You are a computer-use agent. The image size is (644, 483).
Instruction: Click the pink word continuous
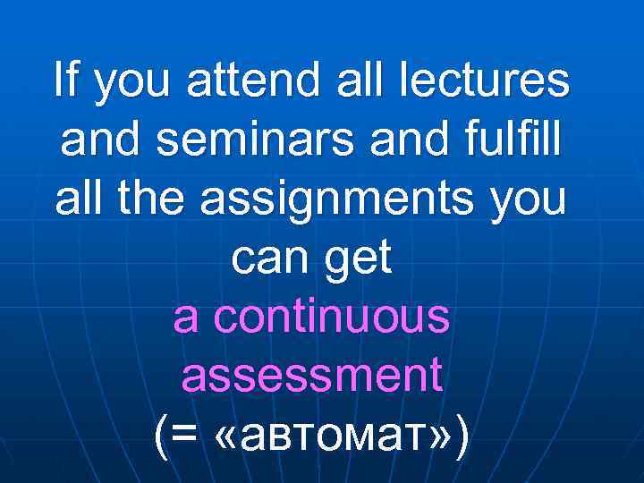click(331, 318)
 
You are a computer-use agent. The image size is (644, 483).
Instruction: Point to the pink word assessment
click(312, 377)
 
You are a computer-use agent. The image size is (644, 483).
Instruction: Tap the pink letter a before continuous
click(186, 320)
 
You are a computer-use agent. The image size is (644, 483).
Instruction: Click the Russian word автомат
click(326, 437)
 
